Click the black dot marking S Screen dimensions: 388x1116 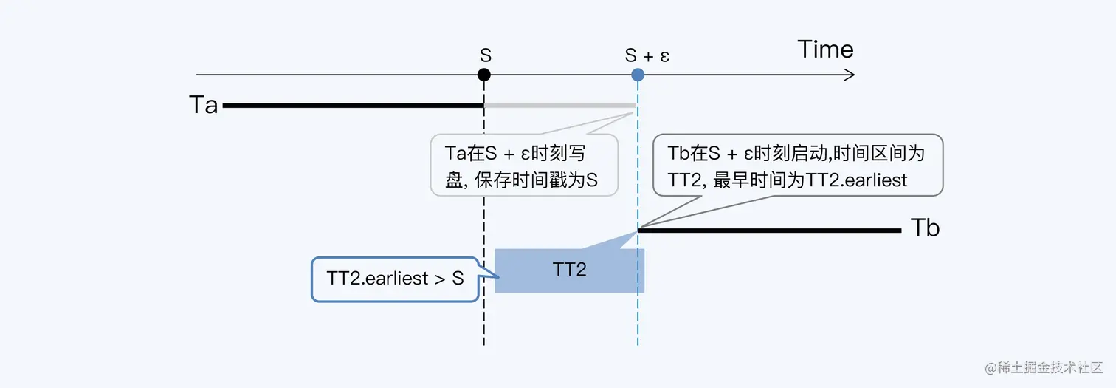(483, 75)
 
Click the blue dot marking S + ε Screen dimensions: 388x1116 (638, 75)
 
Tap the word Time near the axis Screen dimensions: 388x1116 (825, 50)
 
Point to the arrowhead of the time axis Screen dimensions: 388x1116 (850, 75)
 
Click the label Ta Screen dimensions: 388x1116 (204, 106)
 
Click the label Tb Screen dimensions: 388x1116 (925, 228)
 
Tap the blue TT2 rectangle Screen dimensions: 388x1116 (569, 270)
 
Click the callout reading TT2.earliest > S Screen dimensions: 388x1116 (395, 279)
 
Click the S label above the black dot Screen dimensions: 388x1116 (485, 55)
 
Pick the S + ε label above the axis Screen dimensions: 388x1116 (647, 55)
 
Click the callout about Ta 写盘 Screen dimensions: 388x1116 (523, 165)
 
